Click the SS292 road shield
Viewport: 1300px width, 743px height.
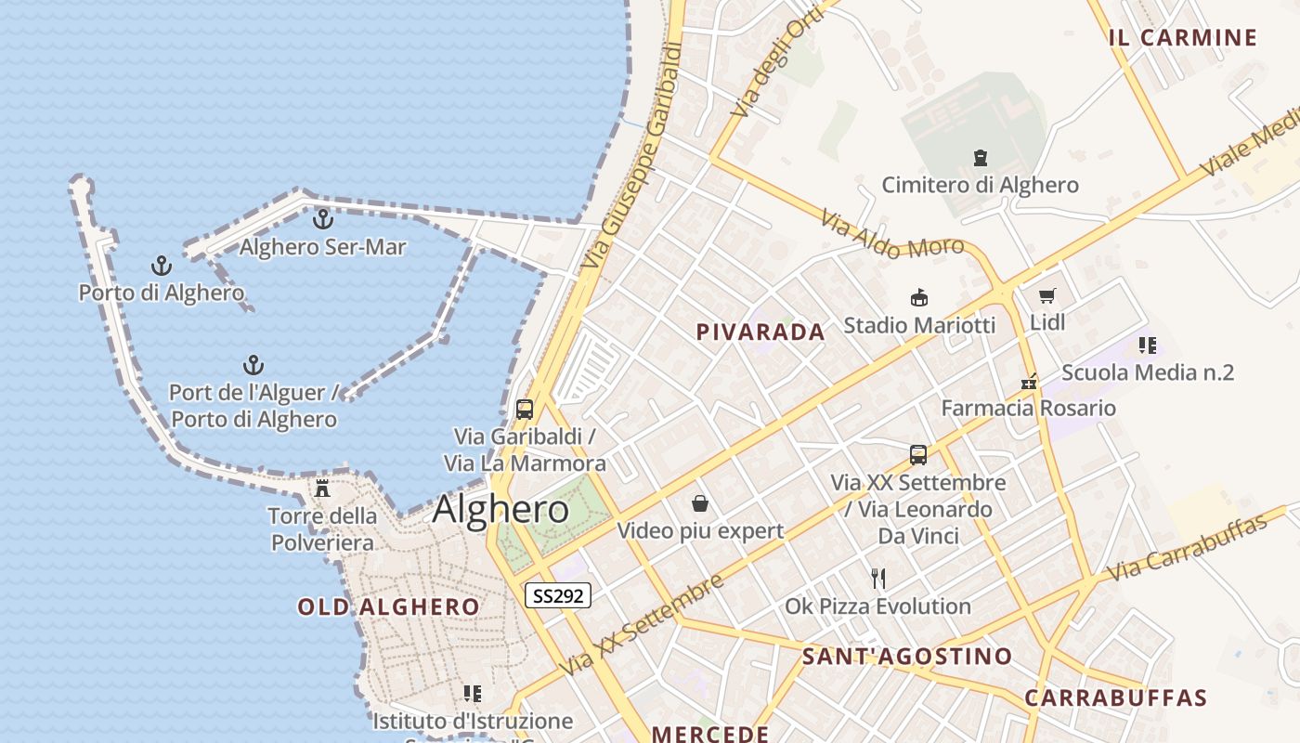558,595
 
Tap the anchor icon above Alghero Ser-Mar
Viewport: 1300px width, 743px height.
322,219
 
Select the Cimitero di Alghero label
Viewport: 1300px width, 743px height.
980,185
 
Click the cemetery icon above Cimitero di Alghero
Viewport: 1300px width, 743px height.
981,158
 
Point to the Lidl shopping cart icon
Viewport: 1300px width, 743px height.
1047,296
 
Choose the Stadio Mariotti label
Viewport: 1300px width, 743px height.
918,325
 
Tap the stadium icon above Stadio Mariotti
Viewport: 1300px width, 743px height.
918,298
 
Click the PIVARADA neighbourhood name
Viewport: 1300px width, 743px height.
760,332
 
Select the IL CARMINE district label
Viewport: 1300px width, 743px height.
1182,38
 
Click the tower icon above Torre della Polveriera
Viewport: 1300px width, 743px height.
322,489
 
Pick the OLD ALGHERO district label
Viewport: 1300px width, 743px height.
388,607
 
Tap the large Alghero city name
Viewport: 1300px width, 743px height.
500,509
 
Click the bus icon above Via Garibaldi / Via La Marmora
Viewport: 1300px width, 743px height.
525,410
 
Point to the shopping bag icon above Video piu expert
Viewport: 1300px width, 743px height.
700,504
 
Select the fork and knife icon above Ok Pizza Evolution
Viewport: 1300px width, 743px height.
878,579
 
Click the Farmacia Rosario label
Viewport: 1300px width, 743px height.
1028,408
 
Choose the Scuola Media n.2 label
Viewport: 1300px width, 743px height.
1147,372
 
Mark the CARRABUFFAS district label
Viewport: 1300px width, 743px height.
1115,698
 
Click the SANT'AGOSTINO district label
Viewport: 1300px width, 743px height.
906,657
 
